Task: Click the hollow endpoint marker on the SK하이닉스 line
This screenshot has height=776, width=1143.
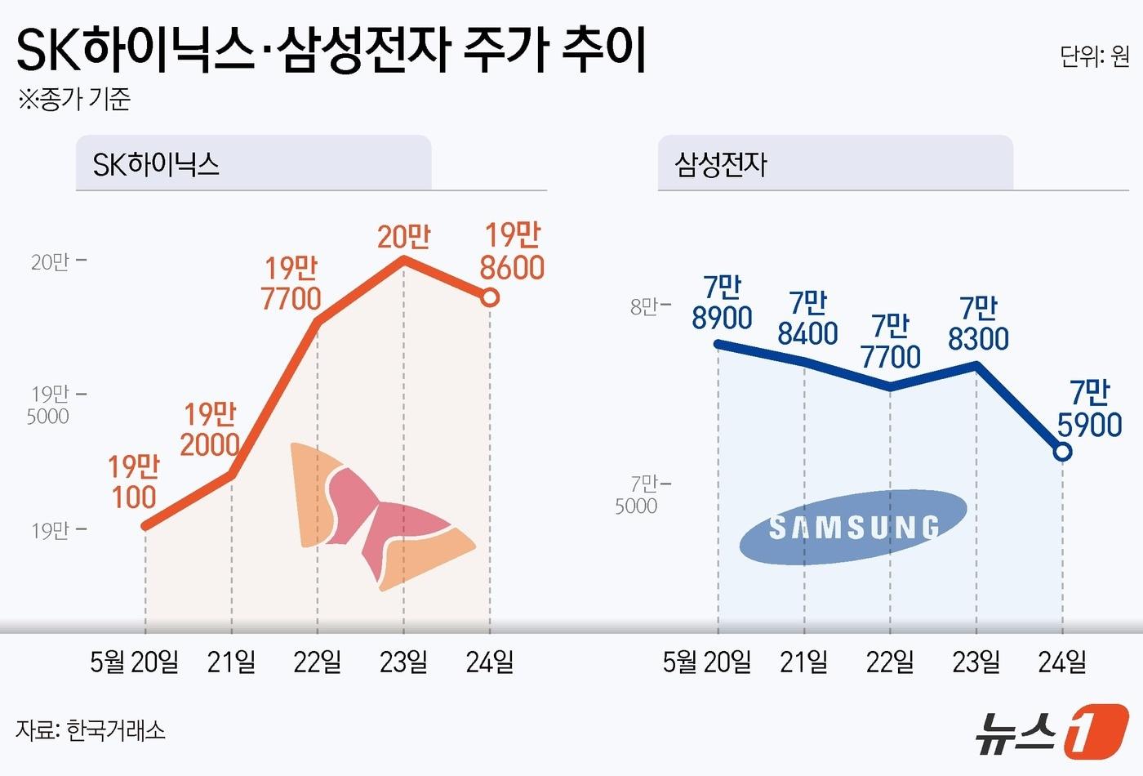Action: [490, 298]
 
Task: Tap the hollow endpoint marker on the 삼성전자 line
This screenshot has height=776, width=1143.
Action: [1062, 451]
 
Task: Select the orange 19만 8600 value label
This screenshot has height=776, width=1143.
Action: [512, 252]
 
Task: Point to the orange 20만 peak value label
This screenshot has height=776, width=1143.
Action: [403, 237]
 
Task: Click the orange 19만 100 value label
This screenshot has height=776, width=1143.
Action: [133, 482]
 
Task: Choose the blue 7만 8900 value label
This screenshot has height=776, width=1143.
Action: [722, 302]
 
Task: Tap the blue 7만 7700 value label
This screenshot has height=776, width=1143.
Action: [890, 341]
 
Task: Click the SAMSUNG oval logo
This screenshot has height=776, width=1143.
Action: [853, 528]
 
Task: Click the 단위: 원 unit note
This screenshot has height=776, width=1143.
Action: [1094, 56]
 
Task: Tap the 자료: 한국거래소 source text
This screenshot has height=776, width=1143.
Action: [91, 729]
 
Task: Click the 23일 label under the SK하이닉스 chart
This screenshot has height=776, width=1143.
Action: [403, 662]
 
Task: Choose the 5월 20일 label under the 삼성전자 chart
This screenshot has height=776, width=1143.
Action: [707, 662]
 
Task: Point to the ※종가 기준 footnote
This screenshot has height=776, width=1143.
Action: [74, 100]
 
